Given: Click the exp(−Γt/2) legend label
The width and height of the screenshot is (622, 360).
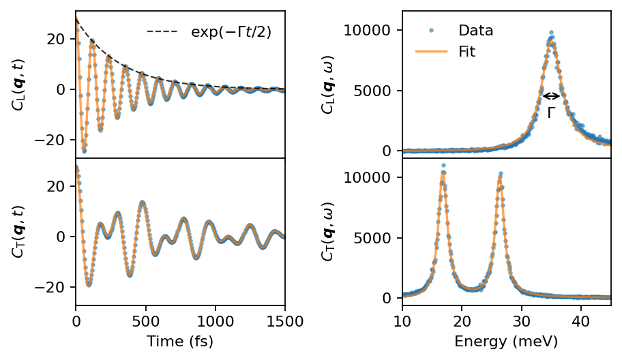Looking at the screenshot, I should (x=231, y=31).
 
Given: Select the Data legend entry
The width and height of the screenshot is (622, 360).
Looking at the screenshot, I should (x=476, y=31).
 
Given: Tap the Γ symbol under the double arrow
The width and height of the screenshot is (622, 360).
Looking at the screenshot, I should (x=551, y=114).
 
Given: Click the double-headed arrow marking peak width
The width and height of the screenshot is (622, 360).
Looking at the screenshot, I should (x=551, y=96).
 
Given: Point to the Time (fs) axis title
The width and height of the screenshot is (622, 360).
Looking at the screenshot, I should (x=180, y=341).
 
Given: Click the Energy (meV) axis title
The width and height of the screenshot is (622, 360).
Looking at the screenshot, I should (x=506, y=341).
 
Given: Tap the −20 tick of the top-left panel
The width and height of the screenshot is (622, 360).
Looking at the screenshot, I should (x=54, y=140).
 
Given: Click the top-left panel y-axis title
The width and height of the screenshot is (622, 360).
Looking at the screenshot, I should (x=18, y=83).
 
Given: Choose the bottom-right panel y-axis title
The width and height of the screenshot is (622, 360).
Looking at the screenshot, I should (x=329, y=231).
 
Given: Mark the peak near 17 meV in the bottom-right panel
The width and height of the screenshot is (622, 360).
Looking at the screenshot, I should (x=443, y=166).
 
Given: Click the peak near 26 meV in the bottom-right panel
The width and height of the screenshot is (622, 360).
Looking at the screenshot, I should (x=501, y=175).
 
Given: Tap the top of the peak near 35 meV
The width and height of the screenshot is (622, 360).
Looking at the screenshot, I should (x=551, y=33).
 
